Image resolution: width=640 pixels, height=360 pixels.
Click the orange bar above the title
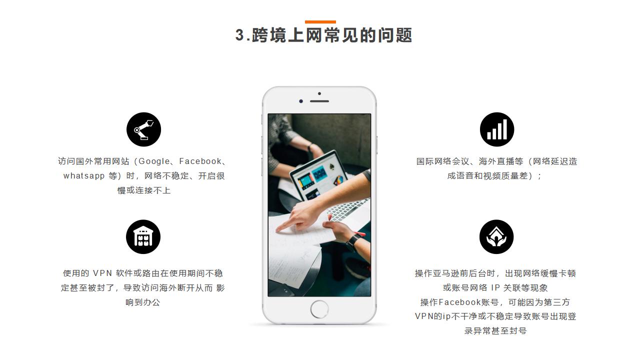pyautogui.click(x=320, y=22)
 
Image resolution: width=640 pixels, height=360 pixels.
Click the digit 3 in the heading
pyautogui.click(x=239, y=35)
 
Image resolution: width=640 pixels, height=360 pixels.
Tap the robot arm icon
pyautogui.click(x=143, y=129)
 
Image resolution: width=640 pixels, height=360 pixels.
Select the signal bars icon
pyautogui.click(x=497, y=129)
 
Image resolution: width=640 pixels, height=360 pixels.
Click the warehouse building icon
pyautogui.click(x=143, y=237)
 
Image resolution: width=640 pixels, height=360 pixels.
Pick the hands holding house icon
pyautogui.click(x=496, y=237)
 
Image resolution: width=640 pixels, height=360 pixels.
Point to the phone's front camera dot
pyautogui.click(x=301, y=101)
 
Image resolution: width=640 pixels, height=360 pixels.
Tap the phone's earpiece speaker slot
pyautogui.click(x=319, y=101)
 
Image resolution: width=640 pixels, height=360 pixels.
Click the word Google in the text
pyautogui.click(x=154, y=161)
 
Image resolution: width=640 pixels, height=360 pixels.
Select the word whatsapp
pyautogui.click(x=84, y=175)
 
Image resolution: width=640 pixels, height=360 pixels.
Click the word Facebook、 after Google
pyautogui.click(x=203, y=161)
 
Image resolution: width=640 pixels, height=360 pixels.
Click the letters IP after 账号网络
pyautogui.click(x=495, y=287)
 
